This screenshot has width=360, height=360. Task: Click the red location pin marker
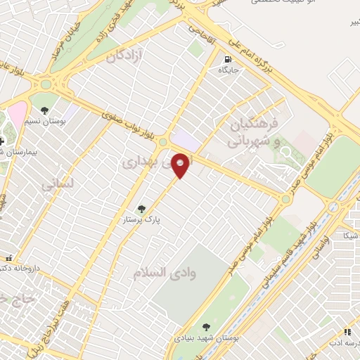click(x=181, y=165)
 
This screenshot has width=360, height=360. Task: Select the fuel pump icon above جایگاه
click(x=227, y=60)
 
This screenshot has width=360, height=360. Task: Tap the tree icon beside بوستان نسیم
click(x=45, y=110)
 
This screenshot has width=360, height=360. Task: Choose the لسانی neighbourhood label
click(x=56, y=186)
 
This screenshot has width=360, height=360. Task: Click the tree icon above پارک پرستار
click(x=141, y=209)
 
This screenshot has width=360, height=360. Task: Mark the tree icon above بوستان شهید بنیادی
click(x=205, y=327)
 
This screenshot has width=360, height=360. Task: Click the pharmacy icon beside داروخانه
click(x=9, y=257)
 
